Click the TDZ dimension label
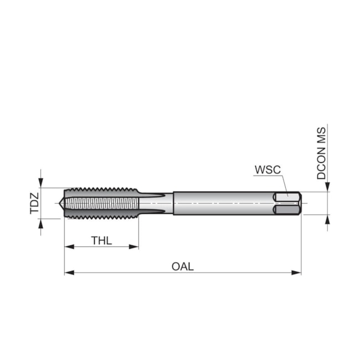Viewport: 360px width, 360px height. tap(34, 203)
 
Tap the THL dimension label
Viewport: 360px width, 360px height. tap(101, 240)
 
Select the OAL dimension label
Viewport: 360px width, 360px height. tap(183, 266)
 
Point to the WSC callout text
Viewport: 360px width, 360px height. tap(268, 169)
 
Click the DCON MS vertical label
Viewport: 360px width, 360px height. tap(321, 153)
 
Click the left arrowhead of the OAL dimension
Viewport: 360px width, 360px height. tap(69, 272)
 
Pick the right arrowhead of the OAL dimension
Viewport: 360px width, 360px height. tap(296, 272)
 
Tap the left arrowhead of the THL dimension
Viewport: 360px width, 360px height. tap(69, 247)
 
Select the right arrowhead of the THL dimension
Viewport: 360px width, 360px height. tap(134, 247)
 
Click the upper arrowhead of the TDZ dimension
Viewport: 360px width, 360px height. tap(40, 183)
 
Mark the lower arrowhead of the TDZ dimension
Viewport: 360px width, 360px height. tap(40, 223)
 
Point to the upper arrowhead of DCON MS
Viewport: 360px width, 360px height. tap(327, 187)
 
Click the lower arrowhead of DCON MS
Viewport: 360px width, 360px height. tap(327, 219)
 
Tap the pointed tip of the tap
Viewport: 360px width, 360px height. tap(59, 203)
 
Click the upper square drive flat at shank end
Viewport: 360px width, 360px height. tap(287, 197)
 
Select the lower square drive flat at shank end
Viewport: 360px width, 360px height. tap(287, 209)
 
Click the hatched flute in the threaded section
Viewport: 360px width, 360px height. tap(102, 203)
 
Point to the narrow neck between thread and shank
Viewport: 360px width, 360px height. tap(156, 203)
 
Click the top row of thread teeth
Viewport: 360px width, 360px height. tap(101, 190)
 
